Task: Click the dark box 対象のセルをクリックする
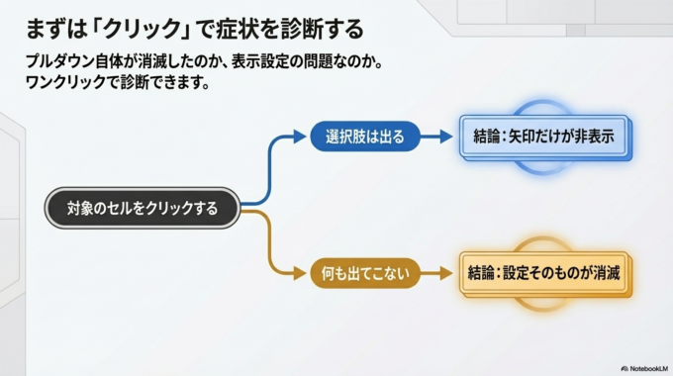[x=142, y=209]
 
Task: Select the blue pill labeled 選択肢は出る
[x=365, y=137]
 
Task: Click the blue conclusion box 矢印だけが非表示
[x=544, y=137]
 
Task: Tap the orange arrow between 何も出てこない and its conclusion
[x=437, y=272]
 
